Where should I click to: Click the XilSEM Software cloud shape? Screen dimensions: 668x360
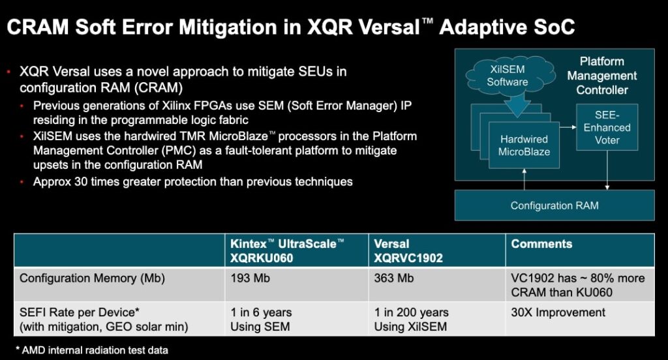tap(510, 76)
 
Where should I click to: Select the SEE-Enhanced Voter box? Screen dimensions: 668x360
tap(607, 127)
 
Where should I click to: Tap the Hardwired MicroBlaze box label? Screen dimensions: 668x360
tap(524, 145)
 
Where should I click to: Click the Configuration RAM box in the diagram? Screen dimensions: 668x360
tap(554, 205)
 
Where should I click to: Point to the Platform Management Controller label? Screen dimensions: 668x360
tap(602, 76)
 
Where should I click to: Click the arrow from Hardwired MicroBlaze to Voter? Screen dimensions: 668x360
tap(568, 127)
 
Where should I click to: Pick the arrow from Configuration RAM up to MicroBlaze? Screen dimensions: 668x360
tap(524, 179)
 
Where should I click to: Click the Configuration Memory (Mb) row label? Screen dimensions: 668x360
tap(92, 278)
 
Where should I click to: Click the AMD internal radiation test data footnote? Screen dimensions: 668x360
tap(92, 350)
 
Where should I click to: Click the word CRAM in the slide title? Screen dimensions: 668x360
tap(38, 27)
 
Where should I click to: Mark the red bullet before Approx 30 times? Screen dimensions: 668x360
tap(22, 183)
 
